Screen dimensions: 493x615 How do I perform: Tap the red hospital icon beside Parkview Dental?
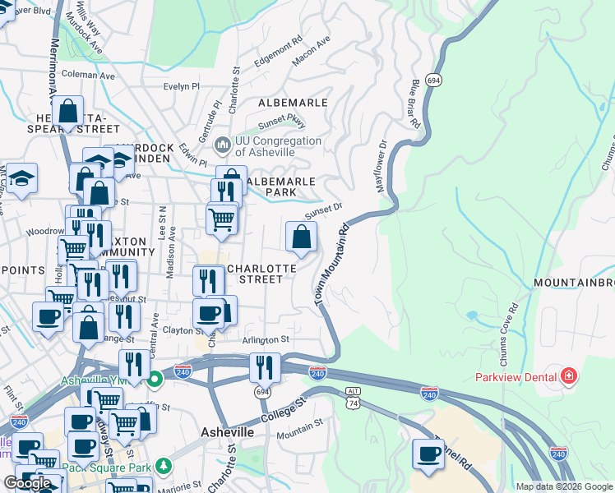coord(567,377)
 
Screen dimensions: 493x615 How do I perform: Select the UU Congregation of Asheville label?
coord(278,146)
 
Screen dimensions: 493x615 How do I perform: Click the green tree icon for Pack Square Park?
coord(164,467)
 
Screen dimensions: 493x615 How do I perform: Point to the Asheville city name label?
coord(227,432)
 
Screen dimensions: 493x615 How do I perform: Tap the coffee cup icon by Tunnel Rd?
coord(428,454)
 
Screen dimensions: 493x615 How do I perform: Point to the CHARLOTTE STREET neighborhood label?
coord(255,274)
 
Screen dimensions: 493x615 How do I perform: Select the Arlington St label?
coord(266,339)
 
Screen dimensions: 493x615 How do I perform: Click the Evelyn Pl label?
coord(182,86)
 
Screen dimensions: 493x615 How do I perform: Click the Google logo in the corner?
coord(28,483)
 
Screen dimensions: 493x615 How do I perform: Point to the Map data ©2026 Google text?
coord(565,486)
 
